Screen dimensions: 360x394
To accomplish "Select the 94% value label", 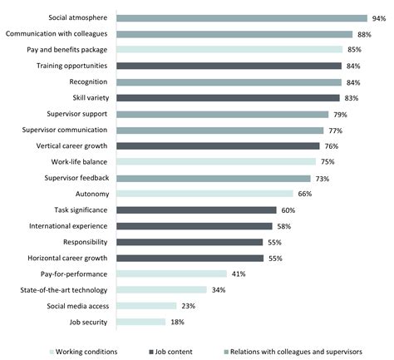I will click(x=379, y=17).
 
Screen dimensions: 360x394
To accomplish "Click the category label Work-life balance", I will click(x=81, y=162).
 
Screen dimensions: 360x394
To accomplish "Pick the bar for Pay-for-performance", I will click(x=171, y=274).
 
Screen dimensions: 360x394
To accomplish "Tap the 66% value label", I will click(x=304, y=194).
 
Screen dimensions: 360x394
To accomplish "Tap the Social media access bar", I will click(x=147, y=306).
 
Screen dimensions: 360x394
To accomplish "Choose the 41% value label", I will click(x=238, y=274).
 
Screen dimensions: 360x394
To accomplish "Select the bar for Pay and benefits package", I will click(x=229, y=50).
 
